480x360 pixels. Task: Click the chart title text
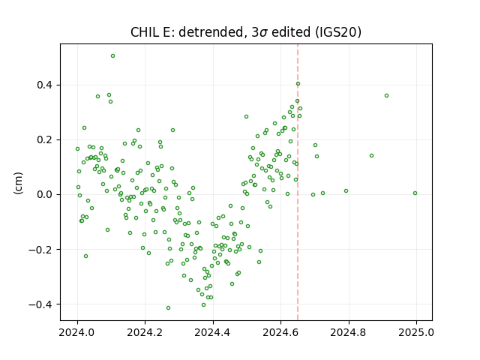pyautogui.click(x=246, y=32)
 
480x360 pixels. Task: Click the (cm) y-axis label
pyautogui.click(x=18, y=183)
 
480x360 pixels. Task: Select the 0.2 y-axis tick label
pyautogui.click(x=45, y=139)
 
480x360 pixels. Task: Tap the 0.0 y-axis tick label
pyautogui.click(x=45, y=194)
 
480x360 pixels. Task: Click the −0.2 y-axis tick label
pyautogui.click(x=41, y=249)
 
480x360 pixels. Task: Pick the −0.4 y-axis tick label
pyautogui.click(x=41, y=304)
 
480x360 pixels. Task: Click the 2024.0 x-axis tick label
pyautogui.click(x=77, y=332)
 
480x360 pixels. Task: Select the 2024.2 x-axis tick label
pyautogui.click(x=145, y=332)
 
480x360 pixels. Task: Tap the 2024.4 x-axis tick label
pyautogui.click(x=213, y=332)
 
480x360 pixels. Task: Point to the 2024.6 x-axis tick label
pyautogui.click(x=280, y=332)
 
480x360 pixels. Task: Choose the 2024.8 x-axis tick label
pyautogui.click(x=348, y=332)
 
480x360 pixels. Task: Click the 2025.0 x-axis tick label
pyautogui.click(x=416, y=332)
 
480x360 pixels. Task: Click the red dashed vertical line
pyautogui.click(x=298, y=182)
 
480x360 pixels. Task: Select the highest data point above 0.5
pyautogui.click(x=112, y=56)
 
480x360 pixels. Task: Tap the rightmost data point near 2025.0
pyautogui.click(x=415, y=193)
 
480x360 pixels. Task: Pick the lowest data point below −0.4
pyautogui.click(x=168, y=307)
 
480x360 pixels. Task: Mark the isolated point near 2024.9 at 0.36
pyautogui.click(x=387, y=95)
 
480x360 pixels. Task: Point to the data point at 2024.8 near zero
pyautogui.click(x=346, y=190)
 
